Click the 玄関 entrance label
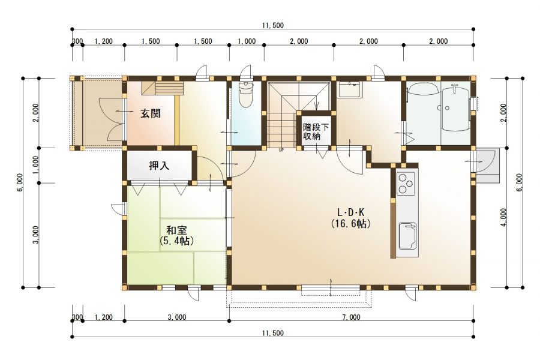coord(151,113)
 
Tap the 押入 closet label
coord(159,166)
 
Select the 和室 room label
coord(176,230)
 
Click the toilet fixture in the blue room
coord(246,94)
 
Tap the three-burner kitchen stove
coord(406,183)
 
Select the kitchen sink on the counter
coord(407,236)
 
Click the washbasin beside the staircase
coord(350,89)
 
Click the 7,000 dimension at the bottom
coord(351,317)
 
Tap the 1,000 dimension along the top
coord(247,41)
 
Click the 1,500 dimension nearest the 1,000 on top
coord(203,41)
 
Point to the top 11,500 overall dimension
coord(273,25)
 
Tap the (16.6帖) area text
coord(350,224)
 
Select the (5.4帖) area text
coord(176,240)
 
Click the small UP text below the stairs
coord(281,150)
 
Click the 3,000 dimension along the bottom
coord(177,317)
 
